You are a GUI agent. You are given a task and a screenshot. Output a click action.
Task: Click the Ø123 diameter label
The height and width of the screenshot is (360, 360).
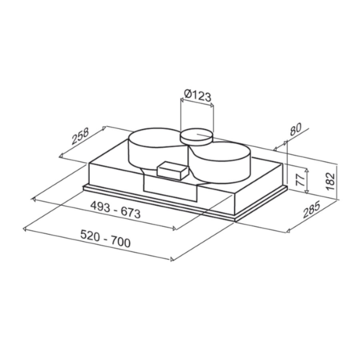pyautogui.click(x=197, y=95)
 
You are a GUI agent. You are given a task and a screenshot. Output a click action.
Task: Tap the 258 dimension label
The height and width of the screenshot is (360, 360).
pyautogui.click(x=81, y=135)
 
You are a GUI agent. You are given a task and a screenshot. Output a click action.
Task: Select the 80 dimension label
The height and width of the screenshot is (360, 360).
pyautogui.click(x=296, y=128)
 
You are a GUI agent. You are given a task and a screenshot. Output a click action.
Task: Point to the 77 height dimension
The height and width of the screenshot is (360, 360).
pyautogui.click(x=301, y=179)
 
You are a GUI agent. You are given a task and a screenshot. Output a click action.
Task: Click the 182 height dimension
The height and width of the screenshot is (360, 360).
pyautogui.click(x=330, y=182)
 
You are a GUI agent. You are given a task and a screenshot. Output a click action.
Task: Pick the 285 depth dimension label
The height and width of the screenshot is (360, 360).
pyautogui.click(x=311, y=210)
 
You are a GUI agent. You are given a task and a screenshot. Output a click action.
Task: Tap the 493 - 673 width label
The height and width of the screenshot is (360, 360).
pyautogui.click(x=115, y=211)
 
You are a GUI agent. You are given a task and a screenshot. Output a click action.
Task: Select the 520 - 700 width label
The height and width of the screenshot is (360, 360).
pyautogui.click(x=105, y=239)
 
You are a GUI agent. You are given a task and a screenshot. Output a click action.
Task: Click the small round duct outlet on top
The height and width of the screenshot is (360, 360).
pyautogui.click(x=196, y=136)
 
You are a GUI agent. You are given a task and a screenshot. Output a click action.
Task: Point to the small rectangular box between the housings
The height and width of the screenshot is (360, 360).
pyautogui.click(x=172, y=170)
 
